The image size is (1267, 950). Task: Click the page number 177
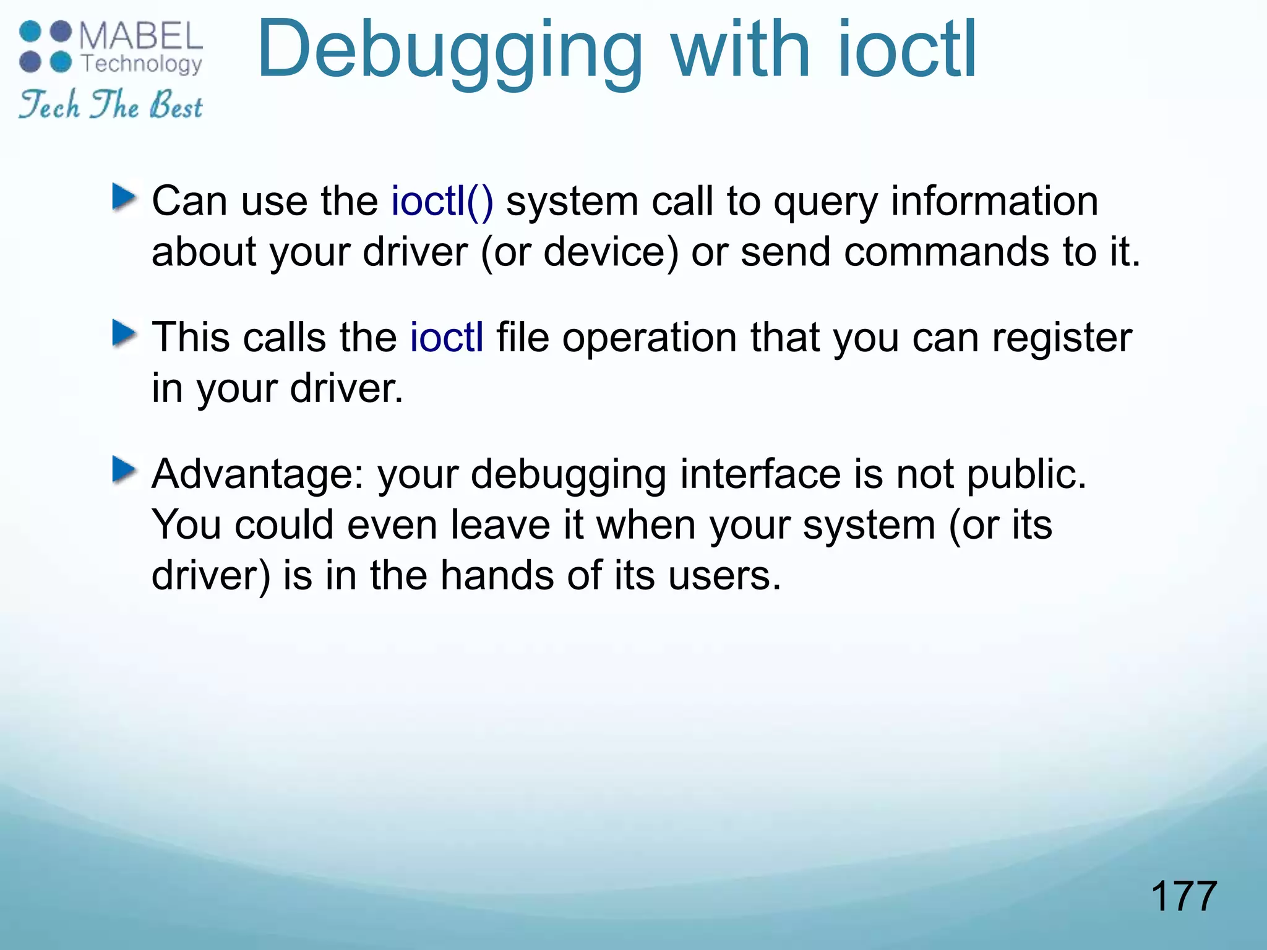(1183, 896)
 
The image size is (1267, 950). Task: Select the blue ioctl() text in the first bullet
(442, 201)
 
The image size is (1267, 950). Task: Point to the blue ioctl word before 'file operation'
(447, 338)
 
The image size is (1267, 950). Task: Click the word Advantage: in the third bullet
(259, 474)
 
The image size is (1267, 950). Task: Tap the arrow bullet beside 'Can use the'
(124, 197)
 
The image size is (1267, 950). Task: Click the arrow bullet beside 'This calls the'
(124, 334)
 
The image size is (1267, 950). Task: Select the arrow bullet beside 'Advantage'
(124, 471)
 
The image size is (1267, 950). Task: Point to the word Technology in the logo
(142, 64)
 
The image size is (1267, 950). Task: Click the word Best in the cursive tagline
(176, 105)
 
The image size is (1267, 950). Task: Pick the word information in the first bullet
(994, 201)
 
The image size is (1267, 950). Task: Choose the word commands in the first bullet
(947, 252)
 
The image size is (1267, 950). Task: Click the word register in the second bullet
(1062, 338)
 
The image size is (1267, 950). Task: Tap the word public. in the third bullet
(1026, 474)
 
